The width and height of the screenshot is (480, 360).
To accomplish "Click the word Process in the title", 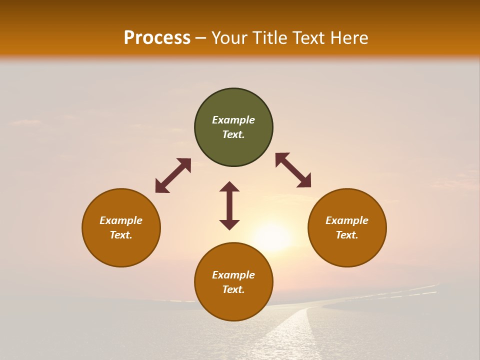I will coord(157,38).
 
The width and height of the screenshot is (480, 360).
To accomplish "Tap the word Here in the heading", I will coord(347,38).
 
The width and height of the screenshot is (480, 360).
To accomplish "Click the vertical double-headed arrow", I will coord(229,205).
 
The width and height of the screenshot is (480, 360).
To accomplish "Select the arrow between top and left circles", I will coord(173,175).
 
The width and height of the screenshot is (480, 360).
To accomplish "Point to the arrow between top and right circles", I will coord(293,170).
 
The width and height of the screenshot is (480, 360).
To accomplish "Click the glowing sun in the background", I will coord(272,236).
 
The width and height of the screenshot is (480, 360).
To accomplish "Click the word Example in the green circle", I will coord(233,120).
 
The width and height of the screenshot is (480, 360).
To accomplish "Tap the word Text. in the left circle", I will coord(121,235).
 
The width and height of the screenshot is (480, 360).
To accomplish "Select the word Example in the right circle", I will coord(347,220).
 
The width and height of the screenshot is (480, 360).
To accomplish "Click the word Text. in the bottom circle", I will coord(233,289).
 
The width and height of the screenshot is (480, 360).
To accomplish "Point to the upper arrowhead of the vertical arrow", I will coord(229,186).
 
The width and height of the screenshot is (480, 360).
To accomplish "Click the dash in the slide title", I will coord(201,38).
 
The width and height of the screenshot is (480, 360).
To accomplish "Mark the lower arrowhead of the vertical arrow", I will coord(229,224).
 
